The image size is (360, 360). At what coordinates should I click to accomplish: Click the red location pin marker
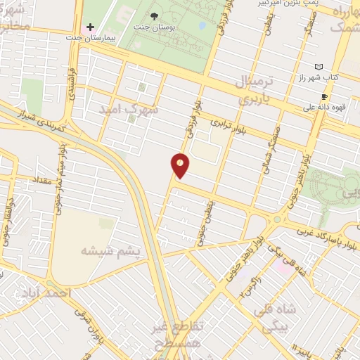click(x=181, y=166)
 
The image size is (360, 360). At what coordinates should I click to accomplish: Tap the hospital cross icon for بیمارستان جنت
click(x=90, y=27)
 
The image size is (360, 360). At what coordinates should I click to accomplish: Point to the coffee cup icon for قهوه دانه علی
click(x=324, y=96)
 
